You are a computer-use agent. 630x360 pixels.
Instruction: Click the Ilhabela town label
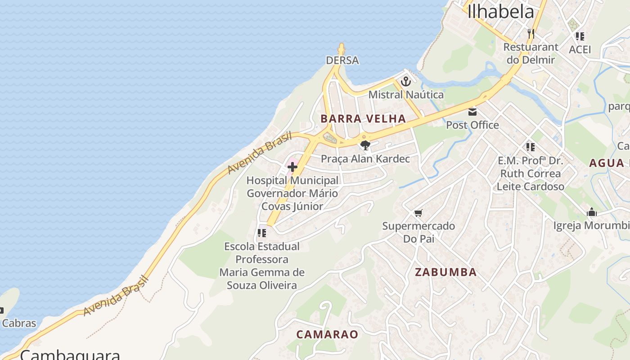pos(500,11)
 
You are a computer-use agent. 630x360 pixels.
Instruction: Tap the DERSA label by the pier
pos(342,60)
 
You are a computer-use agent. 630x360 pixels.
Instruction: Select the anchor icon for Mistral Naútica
pos(406,81)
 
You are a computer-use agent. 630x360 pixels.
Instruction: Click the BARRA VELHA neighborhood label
pos(363,119)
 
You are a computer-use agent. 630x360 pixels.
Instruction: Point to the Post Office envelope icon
pos(472,112)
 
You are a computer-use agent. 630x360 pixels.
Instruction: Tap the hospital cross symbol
pos(292,167)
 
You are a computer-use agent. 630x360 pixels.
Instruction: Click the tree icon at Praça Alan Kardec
pos(365,145)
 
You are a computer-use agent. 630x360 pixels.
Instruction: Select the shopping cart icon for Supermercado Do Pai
pos(418,213)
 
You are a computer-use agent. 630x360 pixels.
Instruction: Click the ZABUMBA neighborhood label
pos(445,272)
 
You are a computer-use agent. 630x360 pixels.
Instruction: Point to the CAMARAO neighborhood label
pos(327,334)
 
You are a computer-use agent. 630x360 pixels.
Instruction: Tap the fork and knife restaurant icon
pos(531,33)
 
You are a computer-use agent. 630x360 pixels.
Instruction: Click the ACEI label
pos(580,49)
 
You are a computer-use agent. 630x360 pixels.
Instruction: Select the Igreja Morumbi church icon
pos(591,212)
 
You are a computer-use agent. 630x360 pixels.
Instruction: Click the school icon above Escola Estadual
pos(261,233)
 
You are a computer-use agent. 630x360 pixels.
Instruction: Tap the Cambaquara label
pos(70,354)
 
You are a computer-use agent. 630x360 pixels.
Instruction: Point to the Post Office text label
pos(472,125)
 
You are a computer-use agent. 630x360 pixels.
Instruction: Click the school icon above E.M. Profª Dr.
pos(531,147)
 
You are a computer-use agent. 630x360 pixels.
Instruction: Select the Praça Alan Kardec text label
pos(365,159)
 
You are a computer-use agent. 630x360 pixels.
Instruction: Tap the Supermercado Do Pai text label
pos(418,232)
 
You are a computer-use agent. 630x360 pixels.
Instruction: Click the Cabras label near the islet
pos(19,323)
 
